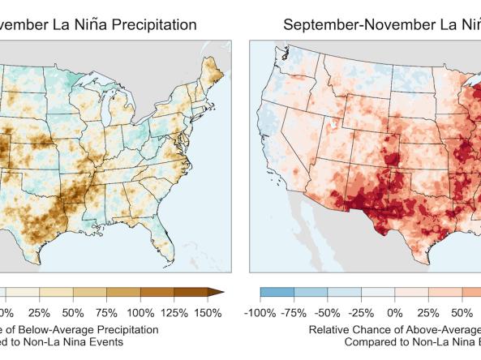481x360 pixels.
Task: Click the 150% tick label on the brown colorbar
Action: [208, 312]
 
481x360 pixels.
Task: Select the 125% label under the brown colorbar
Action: [174, 312]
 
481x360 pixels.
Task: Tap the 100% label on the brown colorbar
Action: [140, 312]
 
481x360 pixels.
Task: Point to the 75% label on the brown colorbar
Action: [106, 312]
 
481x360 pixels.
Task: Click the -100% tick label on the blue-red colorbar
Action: [261, 312]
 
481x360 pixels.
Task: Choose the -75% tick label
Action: [296, 312]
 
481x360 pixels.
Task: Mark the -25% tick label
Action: [364, 312]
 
